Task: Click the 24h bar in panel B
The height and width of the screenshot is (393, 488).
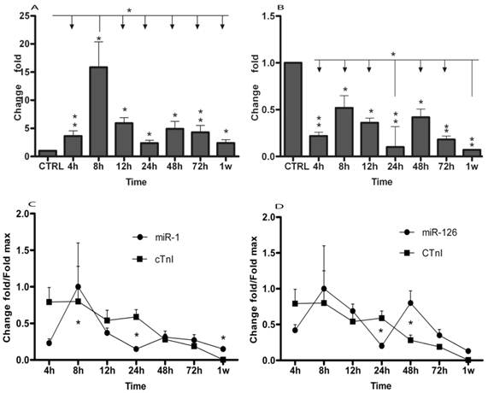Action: point(396,151)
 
